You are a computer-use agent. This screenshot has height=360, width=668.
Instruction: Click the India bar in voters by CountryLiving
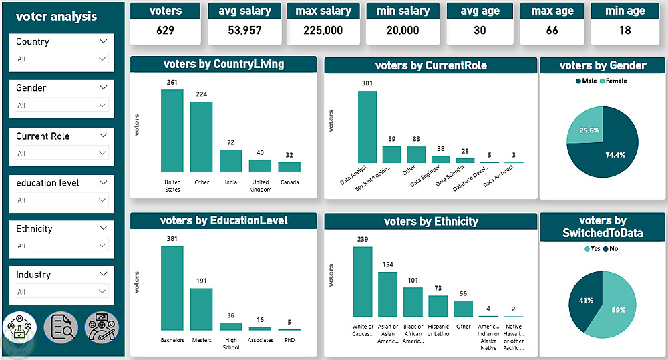click(230, 161)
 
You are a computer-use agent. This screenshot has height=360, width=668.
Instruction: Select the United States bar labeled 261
click(172, 132)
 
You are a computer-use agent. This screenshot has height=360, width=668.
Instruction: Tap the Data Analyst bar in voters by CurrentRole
click(367, 127)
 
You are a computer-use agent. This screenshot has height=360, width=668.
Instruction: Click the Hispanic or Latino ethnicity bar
click(438, 306)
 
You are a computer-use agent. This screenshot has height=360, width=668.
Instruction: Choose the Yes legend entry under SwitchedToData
click(592, 248)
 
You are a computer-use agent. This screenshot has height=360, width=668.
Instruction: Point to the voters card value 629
click(165, 30)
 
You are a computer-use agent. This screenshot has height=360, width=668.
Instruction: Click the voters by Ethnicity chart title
click(431, 222)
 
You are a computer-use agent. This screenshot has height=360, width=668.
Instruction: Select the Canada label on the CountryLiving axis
click(289, 182)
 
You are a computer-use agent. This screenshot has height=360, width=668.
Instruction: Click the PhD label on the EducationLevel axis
click(289, 340)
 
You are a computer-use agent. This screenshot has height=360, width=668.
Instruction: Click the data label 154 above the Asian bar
click(387, 264)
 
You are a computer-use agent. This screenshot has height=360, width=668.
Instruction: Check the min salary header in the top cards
click(402, 11)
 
